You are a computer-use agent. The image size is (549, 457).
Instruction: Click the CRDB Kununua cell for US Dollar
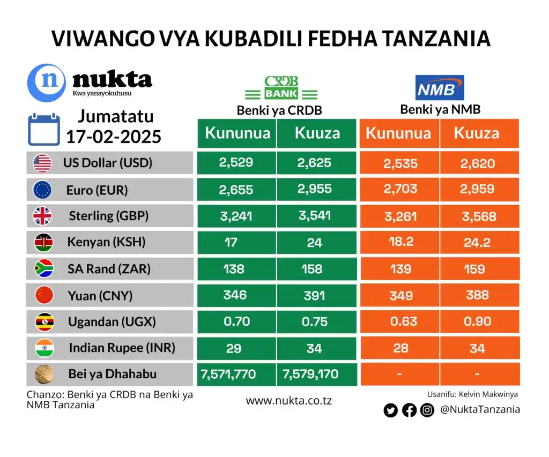point(236,163)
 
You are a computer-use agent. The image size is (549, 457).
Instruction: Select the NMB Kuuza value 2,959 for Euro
point(478,190)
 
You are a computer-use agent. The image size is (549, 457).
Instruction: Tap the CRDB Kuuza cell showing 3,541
point(316,216)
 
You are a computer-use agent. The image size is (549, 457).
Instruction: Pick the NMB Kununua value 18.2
point(400,242)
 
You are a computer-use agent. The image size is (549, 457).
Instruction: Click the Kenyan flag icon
point(42,242)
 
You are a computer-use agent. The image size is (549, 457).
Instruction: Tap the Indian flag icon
point(42,348)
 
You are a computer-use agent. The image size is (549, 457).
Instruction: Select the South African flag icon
point(42,268)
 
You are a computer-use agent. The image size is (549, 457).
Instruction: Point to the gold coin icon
point(42,373)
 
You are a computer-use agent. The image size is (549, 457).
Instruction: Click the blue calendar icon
point(44,129)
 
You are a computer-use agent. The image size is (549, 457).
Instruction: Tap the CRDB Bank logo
point(281,89)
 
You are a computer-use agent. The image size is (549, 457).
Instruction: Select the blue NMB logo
point(439,88)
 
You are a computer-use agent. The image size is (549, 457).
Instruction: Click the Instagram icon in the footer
point(427,410)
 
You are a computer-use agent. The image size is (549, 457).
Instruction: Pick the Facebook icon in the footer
point(409,410)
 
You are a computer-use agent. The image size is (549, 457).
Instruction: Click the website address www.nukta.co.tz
point(288,400)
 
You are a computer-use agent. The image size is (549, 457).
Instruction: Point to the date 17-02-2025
point(114,137)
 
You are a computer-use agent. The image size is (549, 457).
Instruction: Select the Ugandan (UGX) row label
point(112,322)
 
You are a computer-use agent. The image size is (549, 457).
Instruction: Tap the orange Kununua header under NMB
point(398,133)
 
